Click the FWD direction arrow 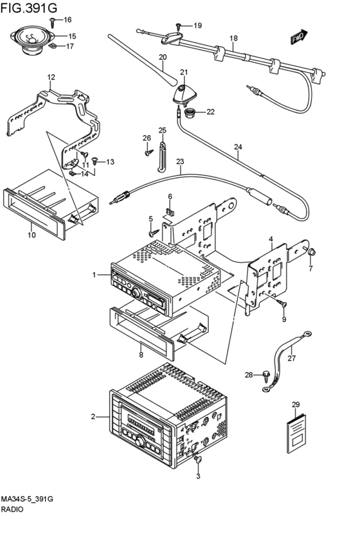(298, 37)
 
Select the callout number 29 (296, 405)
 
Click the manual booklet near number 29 (296, 433)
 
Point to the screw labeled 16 (53, 22)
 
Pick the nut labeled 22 (190, 112)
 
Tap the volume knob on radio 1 (137, 293)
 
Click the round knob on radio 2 (140, 442)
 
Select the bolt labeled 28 (267, 375)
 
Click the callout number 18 (234, 38)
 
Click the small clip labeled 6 (169, 211)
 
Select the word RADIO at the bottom (12, 509)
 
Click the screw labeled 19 (179, 26)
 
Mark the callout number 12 (51, 76)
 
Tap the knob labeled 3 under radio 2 (199, 460)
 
